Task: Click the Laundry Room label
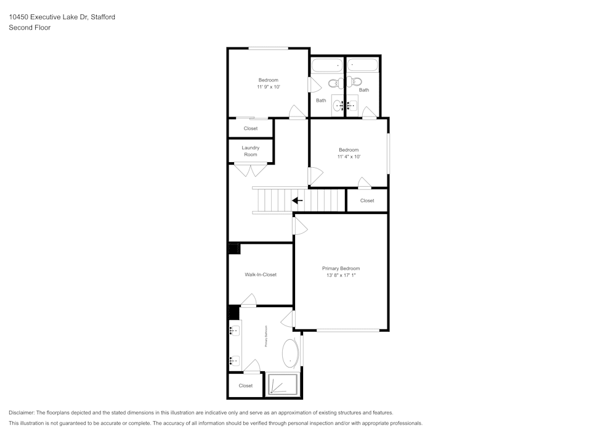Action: (x=250, y=151)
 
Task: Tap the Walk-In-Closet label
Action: (x=261, y=274)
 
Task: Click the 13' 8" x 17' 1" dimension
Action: (x=341, y=276)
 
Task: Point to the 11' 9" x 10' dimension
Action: (x=269, y=88)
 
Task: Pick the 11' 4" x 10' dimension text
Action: (x=349, y=157)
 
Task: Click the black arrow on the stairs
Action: (x=297, y=200)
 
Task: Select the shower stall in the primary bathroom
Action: (x=282, y=385)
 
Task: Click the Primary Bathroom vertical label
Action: (x=265, y=337)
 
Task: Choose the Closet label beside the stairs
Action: (x=367, y=200)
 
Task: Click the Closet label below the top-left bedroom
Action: (x=251, y=128)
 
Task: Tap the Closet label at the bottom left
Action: (x=246, y=386)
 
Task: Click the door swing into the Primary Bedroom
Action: (x=300, y=226)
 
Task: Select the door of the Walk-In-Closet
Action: (x=248, y=300)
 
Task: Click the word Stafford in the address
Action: (x=103, y=17)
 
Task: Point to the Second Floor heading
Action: (x=30, y=28)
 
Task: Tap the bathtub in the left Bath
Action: (x=326, y=65)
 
